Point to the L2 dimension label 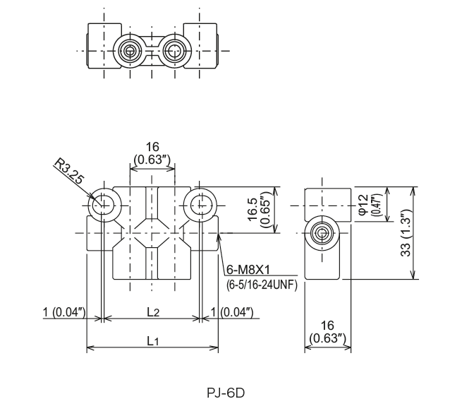pos(152,311)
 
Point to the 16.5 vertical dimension pos(253,210)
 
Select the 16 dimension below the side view pos(327,326)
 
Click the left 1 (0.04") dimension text pos(65,312)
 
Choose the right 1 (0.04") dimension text pos(233,312)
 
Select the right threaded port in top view pos(174,51)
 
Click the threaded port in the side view pos(322,233)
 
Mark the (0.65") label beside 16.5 pos(267,210)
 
